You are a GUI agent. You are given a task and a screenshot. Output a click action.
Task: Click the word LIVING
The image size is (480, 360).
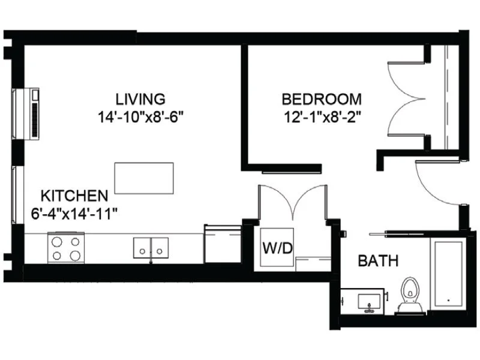[140, 98]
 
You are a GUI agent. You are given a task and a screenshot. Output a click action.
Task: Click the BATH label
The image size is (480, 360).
[378, 261]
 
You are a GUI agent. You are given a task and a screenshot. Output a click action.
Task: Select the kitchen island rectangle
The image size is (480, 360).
[144, 178]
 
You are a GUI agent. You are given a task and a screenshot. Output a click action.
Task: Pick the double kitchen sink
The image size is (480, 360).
[151, 247]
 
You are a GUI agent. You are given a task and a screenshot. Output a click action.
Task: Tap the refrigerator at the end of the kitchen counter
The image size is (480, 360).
[223, 244]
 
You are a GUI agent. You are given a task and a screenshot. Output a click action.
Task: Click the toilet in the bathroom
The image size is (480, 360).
[410, 294]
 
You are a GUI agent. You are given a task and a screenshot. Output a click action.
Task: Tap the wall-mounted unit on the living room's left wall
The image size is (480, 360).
[35, 113]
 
